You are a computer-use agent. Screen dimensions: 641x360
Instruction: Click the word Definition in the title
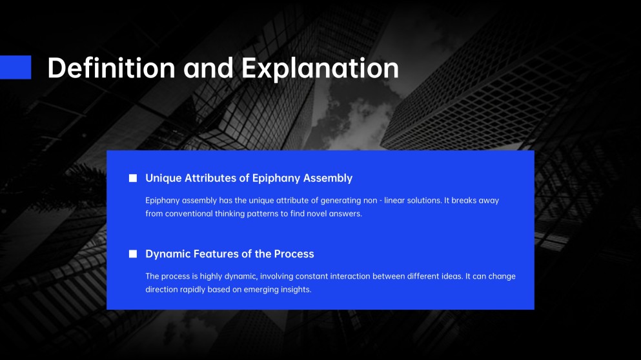point(111,68)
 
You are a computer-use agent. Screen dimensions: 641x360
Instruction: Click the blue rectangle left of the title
point(15,67)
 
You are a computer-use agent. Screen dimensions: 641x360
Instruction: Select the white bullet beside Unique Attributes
point(133,178)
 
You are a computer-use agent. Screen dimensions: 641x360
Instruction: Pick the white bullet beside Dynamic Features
point(133,254)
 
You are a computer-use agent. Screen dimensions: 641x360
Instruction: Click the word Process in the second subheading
point(294,254)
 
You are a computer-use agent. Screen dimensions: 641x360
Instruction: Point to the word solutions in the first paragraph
point(418,201)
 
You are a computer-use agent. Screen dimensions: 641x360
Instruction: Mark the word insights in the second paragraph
point(296,290)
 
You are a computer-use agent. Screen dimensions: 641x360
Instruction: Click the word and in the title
point(209,68)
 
